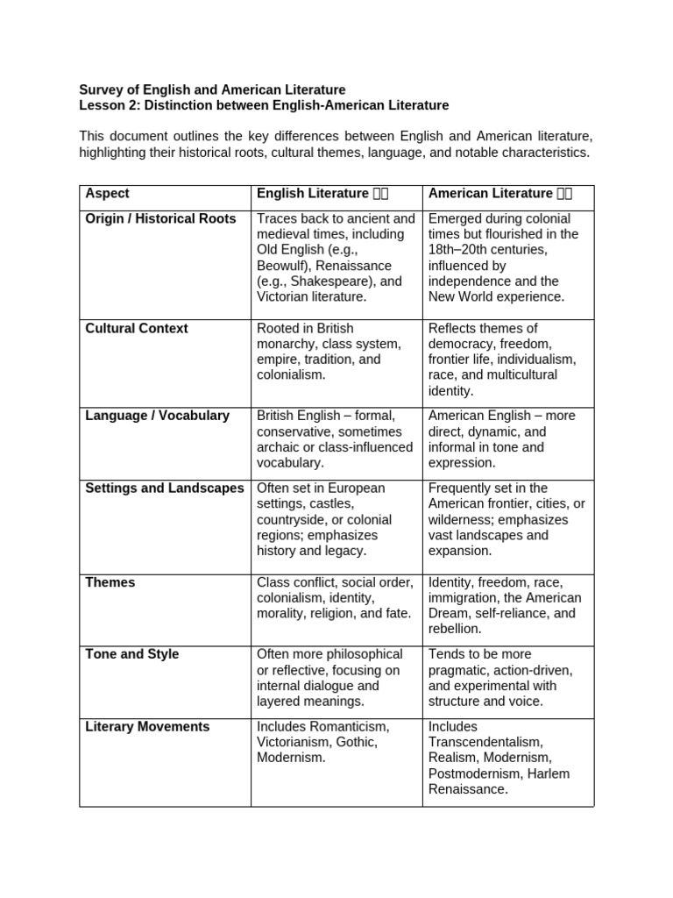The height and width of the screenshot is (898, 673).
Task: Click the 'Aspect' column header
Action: [x=107, y=194]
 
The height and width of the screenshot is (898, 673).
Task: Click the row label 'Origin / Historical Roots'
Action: [x=160, y=218]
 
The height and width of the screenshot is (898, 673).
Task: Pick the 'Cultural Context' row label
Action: [x=136, y=328]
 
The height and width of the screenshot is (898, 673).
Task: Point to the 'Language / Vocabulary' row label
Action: [x=157, y=416]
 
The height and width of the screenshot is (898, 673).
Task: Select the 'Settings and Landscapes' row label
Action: [x=165, y=488]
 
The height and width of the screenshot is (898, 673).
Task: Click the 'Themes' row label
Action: [x=110, y=582]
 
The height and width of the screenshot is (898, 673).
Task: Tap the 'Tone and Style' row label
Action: [x=131, y=654]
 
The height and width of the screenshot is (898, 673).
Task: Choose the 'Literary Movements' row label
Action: [x=147, y=726]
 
